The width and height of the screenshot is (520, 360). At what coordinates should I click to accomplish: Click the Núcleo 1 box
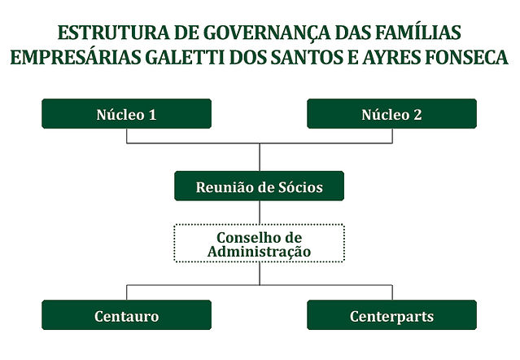(x=127, y=113)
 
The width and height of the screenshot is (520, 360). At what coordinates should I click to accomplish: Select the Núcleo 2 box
(x=392, y=113)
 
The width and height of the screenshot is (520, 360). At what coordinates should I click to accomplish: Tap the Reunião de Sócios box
(x=260, y=186)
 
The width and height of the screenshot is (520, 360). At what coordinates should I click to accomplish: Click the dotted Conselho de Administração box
(x=260, y=225)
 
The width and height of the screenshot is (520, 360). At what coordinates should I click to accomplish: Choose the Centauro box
(x=127, y=315)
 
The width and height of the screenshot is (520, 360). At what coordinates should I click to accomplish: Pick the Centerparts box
(x=392, y=315)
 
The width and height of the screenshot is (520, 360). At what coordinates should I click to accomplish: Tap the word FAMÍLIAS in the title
(x=417, y=32)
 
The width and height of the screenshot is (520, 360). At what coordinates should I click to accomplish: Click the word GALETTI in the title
(x=185, y=57)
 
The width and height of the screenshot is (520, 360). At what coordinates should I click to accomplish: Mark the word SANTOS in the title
(x=307, y=57)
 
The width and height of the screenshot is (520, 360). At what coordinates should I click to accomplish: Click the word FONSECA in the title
(x=466, y=57)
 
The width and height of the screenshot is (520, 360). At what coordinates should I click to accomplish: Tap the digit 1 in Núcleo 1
(x=152, y=115)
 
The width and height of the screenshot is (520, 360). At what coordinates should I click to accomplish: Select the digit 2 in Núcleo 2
(x=417, y=115)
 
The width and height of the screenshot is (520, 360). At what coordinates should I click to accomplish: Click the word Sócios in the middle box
(x=300, y=187)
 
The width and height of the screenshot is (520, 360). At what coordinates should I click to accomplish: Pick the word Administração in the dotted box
(x=260, y=251)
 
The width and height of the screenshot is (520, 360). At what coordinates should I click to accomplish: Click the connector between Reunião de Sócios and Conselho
(x=260, y=213)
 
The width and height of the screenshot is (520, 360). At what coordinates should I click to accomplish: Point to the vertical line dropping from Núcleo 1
(x=127, y=136)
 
